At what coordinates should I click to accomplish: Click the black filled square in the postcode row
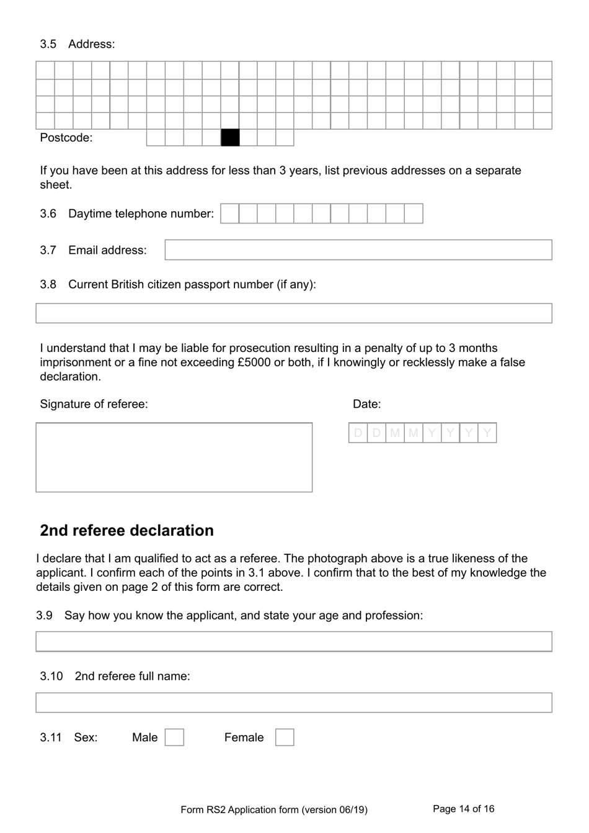[230, 137]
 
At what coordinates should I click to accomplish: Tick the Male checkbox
[174, 737]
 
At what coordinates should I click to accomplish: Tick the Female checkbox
[285, 737]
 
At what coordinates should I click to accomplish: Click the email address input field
[358, 250]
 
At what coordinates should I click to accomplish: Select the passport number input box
[293, 313]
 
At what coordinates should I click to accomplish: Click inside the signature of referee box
[174, 457]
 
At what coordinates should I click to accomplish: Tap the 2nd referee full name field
[293, 703]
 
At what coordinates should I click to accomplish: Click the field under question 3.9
[293, 642]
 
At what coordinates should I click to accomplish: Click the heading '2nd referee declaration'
[126, 531]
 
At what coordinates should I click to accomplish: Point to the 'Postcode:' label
[66, 138]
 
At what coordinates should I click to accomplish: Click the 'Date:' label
[366, 404]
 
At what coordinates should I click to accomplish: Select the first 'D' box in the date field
[358, 433]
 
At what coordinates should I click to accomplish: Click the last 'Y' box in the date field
[487, 433]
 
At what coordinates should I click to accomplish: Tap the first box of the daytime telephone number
[230, 214]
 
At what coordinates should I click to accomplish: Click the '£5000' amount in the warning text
[254, 362]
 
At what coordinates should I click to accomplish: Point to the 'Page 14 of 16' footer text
[463, 809]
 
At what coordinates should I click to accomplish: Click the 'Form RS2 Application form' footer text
[273, 809]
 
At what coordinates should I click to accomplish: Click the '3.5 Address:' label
[77, 44]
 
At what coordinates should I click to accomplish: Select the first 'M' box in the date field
[395, 433]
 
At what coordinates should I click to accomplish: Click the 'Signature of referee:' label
[94, 404]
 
